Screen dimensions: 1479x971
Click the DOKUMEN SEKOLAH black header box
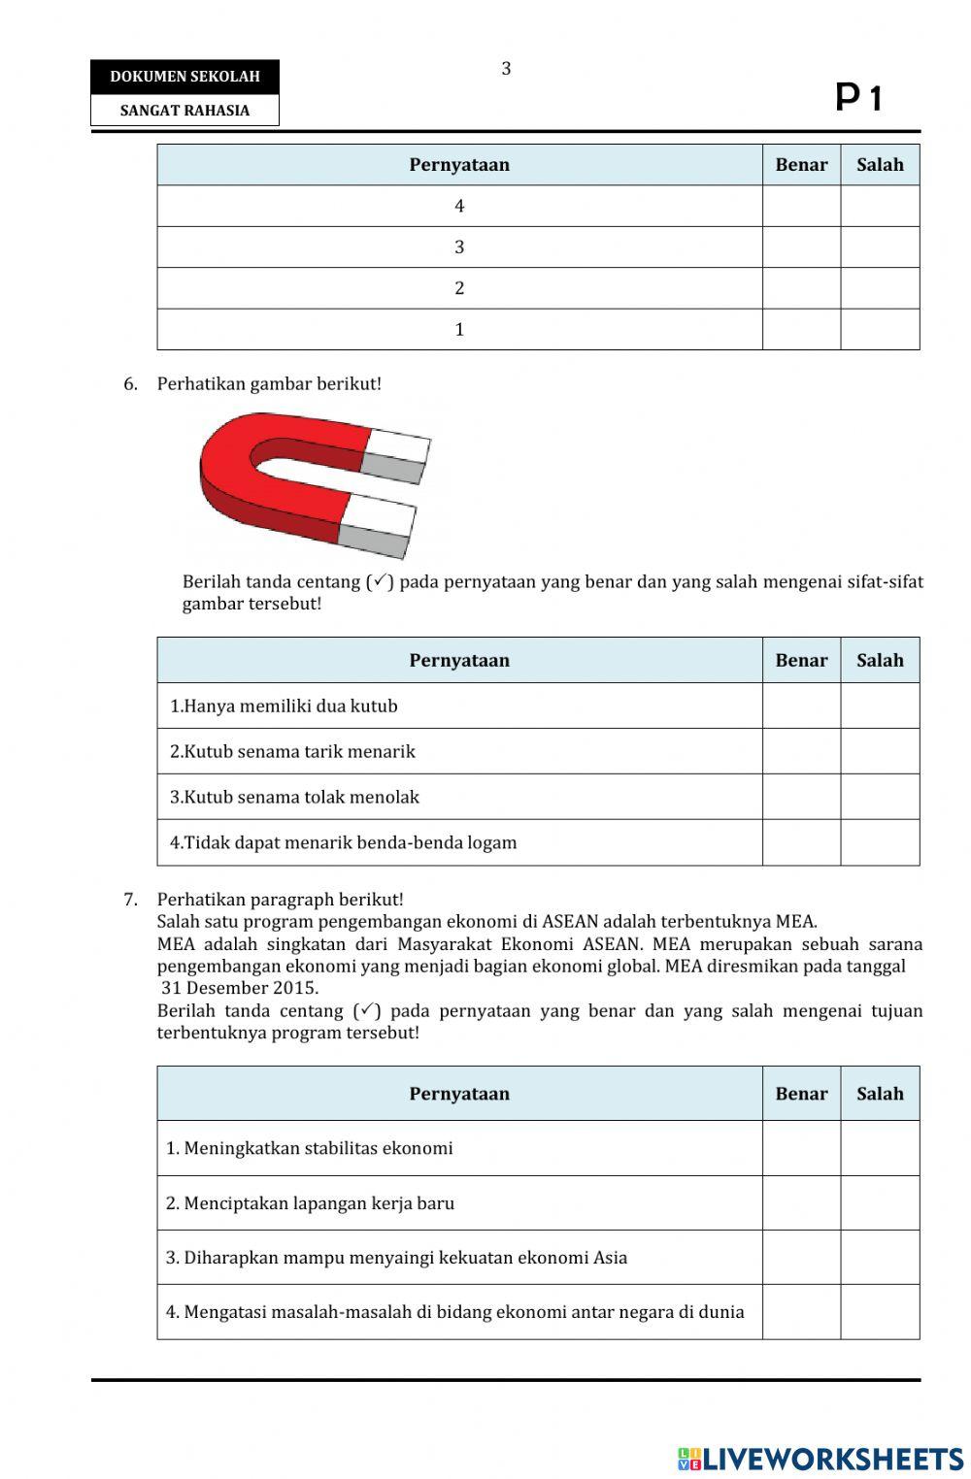[x=184, y=77]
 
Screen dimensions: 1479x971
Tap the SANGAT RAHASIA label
[x=184, y=111]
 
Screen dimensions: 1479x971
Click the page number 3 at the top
[x=506, y=69]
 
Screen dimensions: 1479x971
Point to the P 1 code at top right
[x=858, y=98]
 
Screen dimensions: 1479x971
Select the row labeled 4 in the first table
[x=459, y=206]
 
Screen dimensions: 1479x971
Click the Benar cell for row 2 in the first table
[x=801, y=288]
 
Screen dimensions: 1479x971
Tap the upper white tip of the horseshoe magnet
[x=398, y=445]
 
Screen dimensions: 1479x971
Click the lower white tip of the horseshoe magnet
[x=380, y=514]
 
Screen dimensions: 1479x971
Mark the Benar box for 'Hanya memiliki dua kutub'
[x=801, y=706]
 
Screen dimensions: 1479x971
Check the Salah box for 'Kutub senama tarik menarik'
[x=880, y=751]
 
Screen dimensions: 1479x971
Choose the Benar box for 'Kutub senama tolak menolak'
[x=801, y=797]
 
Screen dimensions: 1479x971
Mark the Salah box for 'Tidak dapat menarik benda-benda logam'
[x=880, y=842]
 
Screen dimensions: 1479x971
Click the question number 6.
[x=130, y=384]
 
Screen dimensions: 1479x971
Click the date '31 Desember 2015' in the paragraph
[x=240, y=988]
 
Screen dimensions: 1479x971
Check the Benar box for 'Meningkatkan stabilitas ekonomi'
[x=801, y=1148]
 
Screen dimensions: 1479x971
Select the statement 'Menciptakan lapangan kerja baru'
[x=310, y=1203]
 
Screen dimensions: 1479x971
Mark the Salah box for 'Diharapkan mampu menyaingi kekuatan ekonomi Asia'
[x=880, y=1258]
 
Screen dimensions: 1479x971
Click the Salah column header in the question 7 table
[x=880, y=1094]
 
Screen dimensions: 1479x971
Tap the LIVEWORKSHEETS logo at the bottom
[x=820, y=1459]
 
